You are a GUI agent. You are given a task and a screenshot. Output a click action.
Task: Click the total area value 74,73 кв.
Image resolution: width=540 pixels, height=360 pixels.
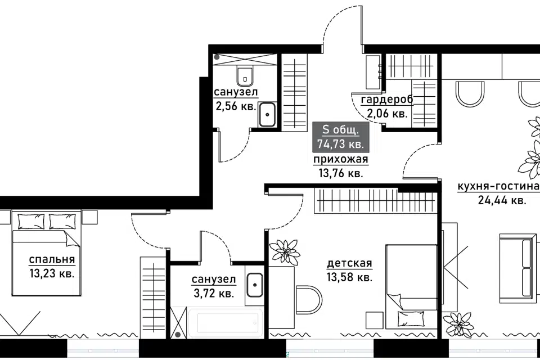[x=341, y=143]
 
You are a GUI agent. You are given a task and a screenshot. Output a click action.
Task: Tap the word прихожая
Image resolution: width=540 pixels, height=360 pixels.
[x=341, y=160]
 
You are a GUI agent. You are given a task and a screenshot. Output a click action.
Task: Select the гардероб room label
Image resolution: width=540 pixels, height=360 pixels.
[x=387, y=100]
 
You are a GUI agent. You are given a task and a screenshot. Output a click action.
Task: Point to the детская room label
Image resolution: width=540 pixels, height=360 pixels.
[x=349, y=263]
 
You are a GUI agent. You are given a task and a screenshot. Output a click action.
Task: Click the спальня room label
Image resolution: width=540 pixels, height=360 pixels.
[x=52, y=259]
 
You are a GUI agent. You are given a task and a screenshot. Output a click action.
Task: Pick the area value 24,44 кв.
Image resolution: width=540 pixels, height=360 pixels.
[x=502, y=200]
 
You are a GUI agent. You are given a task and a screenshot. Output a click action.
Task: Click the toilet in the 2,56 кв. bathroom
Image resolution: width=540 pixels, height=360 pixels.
[x=245, y=76]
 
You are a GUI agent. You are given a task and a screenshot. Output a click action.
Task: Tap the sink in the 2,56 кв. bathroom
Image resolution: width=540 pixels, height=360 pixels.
[x=267, y=114]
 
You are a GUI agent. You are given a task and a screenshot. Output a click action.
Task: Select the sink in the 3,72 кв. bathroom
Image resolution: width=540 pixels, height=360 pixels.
[x=255, y=285]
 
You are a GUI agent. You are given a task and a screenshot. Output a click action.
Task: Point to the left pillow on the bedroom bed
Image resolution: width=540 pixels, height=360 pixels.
[x=31, y=222]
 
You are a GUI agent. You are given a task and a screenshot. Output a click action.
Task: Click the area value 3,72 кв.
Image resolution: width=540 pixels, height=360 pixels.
[x=214, y=294]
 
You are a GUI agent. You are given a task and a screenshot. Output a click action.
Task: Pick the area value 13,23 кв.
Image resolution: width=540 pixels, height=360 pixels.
[x=52, y=274]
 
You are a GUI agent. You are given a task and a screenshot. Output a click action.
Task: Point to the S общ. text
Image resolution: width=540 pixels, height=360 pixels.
[x=341, y=130]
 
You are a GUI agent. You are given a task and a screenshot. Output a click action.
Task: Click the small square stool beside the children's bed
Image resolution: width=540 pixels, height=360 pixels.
[x=375, y=321]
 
